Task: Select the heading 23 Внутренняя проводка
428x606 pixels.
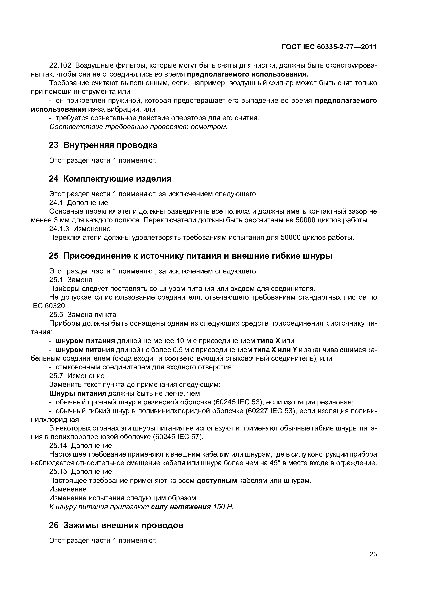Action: [103, 145]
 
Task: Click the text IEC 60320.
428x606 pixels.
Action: [49, 306]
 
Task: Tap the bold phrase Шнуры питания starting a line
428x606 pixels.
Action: [77, 393]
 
